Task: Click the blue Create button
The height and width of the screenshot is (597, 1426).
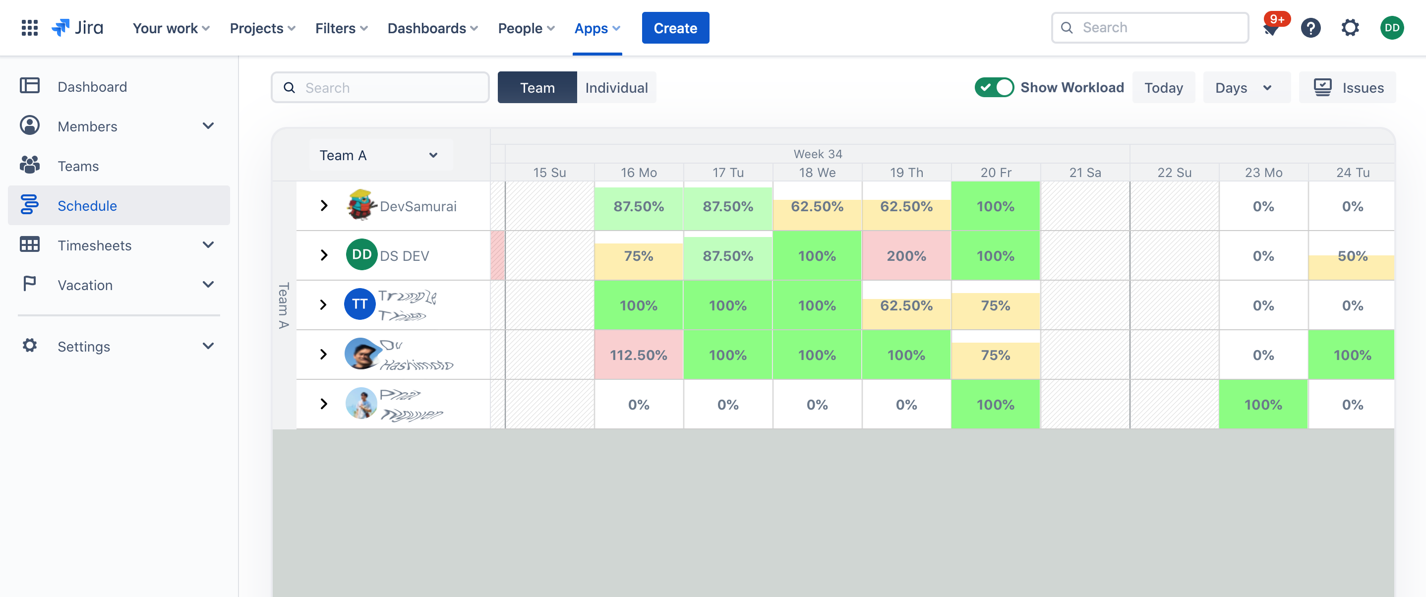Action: point(675,28)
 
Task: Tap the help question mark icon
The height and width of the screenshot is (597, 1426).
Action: point(1310,28)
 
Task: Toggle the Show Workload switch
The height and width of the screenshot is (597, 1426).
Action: point(994,87)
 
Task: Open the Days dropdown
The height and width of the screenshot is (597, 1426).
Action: point(1243,87)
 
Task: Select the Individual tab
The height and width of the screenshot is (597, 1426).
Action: point(616,87)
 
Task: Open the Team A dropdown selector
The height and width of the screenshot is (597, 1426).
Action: point(379,155)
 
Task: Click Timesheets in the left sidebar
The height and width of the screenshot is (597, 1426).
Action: point(95,245)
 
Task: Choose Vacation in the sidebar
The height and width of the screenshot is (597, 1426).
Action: point(85,285)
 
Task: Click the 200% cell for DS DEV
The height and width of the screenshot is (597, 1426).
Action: point(906,256)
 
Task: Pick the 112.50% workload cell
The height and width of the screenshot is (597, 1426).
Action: point(638,355)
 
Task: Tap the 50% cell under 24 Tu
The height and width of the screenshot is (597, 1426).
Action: point(1352,256)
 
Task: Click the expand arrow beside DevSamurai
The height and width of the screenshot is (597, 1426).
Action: point(324,206)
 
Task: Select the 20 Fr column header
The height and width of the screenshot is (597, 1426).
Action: point(995,172)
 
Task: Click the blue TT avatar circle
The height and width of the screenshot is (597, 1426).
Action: point(360,304)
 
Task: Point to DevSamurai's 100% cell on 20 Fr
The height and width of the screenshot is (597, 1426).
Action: point(995,206)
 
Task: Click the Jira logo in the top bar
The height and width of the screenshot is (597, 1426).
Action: point(77,28)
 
